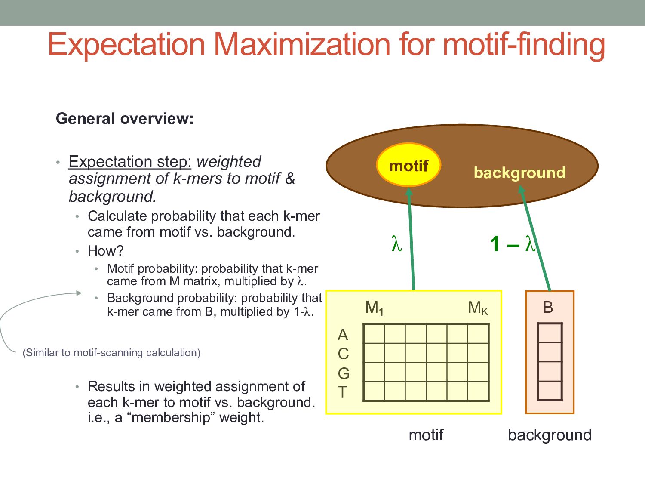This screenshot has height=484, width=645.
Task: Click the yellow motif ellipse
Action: [408, 165]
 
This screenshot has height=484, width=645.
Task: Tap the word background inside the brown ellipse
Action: [519, 173]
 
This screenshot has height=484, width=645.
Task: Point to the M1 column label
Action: [374, 308]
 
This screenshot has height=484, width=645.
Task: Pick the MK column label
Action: [478, 308]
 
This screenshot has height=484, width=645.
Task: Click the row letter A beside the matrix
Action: [343, 335]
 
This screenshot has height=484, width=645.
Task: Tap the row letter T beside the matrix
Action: [342, 392]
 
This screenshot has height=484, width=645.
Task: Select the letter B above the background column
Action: [548, 307]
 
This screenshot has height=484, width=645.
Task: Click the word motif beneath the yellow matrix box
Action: [426, 435]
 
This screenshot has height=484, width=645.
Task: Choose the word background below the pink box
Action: [550, 435]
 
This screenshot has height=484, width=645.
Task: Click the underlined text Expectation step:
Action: [130, 162]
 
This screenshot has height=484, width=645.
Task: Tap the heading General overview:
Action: [125, 119]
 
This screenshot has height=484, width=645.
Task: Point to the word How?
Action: [106, 250]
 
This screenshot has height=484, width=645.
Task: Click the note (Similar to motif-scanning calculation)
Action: [111, 353]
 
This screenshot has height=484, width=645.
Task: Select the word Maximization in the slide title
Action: [301, 44]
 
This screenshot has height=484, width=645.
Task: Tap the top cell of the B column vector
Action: [550, 333]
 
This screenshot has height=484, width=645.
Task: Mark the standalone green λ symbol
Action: [396, 244]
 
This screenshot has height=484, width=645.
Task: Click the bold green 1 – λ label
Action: [512, 244]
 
